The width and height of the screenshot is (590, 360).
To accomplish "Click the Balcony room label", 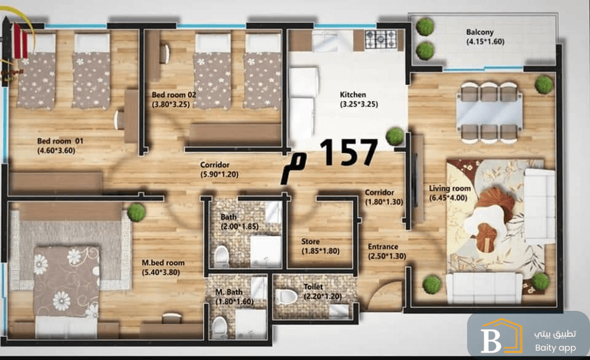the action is coord(480,33).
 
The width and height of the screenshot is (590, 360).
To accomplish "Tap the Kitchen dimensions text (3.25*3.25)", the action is coord(359,104).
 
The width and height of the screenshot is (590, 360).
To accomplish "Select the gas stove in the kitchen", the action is coord(381,39).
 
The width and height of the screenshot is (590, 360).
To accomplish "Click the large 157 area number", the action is coord(348,152).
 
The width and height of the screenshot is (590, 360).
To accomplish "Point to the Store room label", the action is coord(310,241).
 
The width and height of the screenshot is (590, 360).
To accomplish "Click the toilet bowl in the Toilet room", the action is coord(286,297).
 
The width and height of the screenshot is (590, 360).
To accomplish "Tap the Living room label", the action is coord(450,188).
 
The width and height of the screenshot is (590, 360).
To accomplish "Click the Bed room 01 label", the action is coord(60,141).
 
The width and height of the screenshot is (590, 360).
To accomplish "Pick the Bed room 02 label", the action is coord(174,95).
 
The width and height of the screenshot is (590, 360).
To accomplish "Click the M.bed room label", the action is coord(163,262).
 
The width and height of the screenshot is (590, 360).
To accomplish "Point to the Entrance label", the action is coord(383,247).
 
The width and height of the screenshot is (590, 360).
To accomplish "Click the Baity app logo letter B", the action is coord(491,341).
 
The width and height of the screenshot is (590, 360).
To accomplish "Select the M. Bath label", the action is coord(229,292).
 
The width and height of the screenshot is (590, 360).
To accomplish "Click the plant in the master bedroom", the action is coord(136,213).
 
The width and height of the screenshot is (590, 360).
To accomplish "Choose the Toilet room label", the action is coord(313,287).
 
